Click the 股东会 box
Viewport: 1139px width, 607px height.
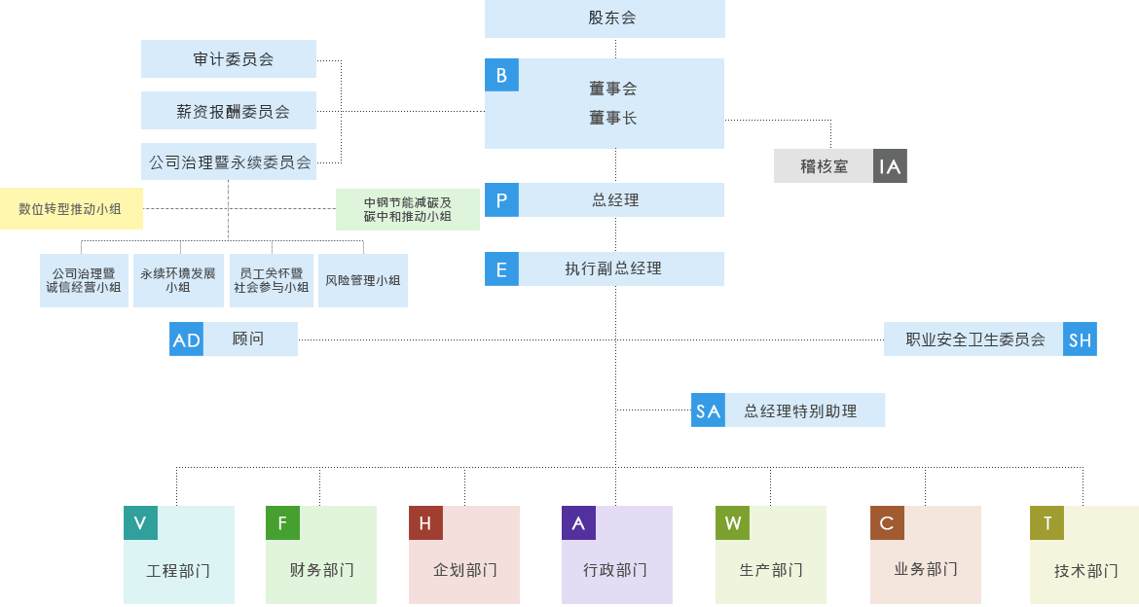pos(605,18)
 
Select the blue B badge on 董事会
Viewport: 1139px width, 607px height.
pos(501,75)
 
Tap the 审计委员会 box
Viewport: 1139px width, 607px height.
pos(229,58)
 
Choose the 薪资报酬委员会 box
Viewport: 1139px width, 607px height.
pos(229,110)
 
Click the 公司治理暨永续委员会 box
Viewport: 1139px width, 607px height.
pos(229,161)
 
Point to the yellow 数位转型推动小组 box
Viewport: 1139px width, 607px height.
pos(71,209)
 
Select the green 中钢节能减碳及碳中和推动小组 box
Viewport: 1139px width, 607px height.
pos(408,210)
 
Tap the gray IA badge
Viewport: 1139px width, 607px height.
pos(890,166)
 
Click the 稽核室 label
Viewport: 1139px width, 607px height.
pos(824,166)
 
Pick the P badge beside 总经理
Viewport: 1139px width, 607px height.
pos(501,199)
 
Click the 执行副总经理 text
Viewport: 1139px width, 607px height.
pos(613,268)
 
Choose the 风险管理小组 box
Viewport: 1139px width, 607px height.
pos(362,280)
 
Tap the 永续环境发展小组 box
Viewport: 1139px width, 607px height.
pos(178,280)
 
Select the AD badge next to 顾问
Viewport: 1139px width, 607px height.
pos(186,339)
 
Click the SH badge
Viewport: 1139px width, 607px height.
pos(1080,339)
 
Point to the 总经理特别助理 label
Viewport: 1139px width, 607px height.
pos(800,411)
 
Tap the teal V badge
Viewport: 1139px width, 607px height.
pos(140,522)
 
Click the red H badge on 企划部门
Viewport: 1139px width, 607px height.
pos(425,522)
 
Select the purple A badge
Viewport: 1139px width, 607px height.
pos(578,522)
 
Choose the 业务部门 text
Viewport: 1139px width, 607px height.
pos(926,569)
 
